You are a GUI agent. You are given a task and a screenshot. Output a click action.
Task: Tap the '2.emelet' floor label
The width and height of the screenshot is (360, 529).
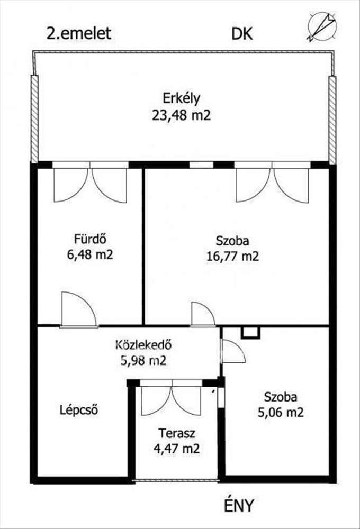tap(79, 33)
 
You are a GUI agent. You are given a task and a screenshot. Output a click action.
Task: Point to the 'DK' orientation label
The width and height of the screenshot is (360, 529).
tap(242, 34)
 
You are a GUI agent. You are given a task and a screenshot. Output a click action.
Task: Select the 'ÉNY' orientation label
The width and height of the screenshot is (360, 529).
tap(238, 505)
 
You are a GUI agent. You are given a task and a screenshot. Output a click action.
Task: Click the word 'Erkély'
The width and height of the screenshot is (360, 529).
tap(182, 98)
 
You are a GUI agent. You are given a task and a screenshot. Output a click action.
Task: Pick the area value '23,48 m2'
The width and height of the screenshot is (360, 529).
tap(182, 115)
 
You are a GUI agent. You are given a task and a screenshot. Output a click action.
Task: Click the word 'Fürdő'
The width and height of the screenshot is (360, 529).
tap(90, 239)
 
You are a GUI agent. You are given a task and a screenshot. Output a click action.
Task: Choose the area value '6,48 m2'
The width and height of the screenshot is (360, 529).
tap(90, 254)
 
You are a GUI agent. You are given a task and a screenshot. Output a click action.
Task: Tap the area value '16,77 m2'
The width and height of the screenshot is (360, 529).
tap(233, 257)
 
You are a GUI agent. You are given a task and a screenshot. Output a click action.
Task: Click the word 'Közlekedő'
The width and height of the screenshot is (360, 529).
tap(143, 345)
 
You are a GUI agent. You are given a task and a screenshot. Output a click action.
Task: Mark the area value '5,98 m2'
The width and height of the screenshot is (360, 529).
tap(143, 360)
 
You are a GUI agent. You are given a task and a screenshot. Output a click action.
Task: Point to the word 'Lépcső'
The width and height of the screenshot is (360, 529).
tap(79, 410)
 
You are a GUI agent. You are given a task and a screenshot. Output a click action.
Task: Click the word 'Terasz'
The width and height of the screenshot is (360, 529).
tap(177, 433)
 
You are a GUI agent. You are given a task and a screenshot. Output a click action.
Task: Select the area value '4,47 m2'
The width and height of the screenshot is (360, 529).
tap(177, 449)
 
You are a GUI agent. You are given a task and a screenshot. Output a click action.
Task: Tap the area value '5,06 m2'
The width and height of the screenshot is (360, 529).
tap(281, 412)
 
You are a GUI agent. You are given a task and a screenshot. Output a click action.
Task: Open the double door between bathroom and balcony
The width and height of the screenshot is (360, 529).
tap(91, 181)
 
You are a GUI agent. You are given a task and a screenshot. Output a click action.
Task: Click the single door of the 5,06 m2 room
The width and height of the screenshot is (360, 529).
tap(232, 351)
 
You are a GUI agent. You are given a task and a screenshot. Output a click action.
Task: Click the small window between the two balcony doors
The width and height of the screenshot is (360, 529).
tap(201, 165)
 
